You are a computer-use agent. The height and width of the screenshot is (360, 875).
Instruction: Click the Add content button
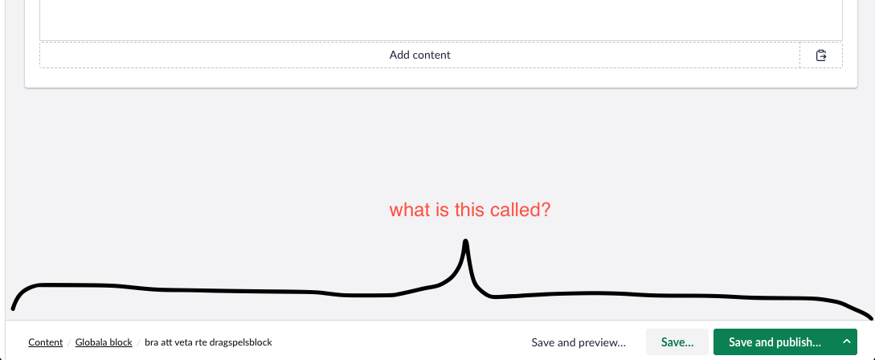point(419,55)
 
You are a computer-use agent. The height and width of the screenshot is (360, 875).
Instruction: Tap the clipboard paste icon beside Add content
point(821,55)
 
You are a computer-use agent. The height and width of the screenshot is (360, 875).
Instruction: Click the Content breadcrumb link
point(45,342)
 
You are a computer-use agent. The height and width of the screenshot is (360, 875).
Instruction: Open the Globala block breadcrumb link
point(104,342)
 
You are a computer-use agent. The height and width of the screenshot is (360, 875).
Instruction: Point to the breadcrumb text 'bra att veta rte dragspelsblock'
point(208,342)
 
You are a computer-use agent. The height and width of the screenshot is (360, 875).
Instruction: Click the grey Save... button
point(677,342)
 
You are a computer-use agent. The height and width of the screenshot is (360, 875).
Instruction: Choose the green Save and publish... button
point(775,342)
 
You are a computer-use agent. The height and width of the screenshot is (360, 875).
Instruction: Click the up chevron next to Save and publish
point(847,342)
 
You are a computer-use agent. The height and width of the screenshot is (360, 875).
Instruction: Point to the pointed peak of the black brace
point(465,241)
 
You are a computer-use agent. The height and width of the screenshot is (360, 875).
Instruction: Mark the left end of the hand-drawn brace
point(13,308)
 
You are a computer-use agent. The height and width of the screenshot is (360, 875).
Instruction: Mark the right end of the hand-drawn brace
point(870,318)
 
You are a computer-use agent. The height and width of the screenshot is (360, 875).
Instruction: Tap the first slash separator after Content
point(69,342)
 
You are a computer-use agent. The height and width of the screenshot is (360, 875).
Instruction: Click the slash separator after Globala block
point(138,342)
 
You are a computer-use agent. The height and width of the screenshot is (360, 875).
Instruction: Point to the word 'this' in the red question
point(460,211)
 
